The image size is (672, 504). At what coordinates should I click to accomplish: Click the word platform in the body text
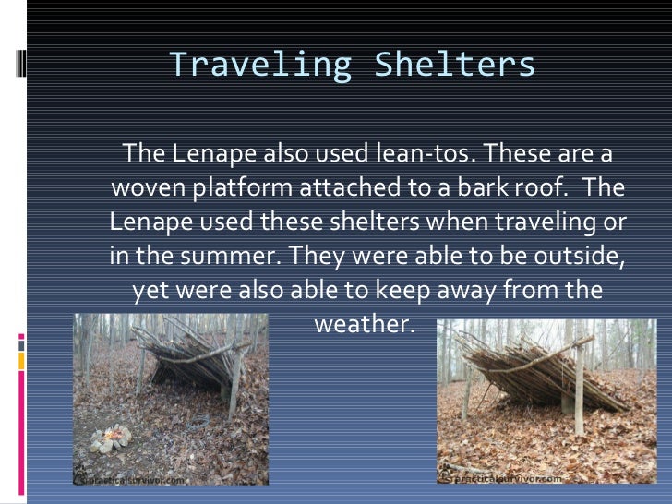[x=239, y=187]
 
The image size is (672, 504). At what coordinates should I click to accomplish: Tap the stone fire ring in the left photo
[x=110, y=438]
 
